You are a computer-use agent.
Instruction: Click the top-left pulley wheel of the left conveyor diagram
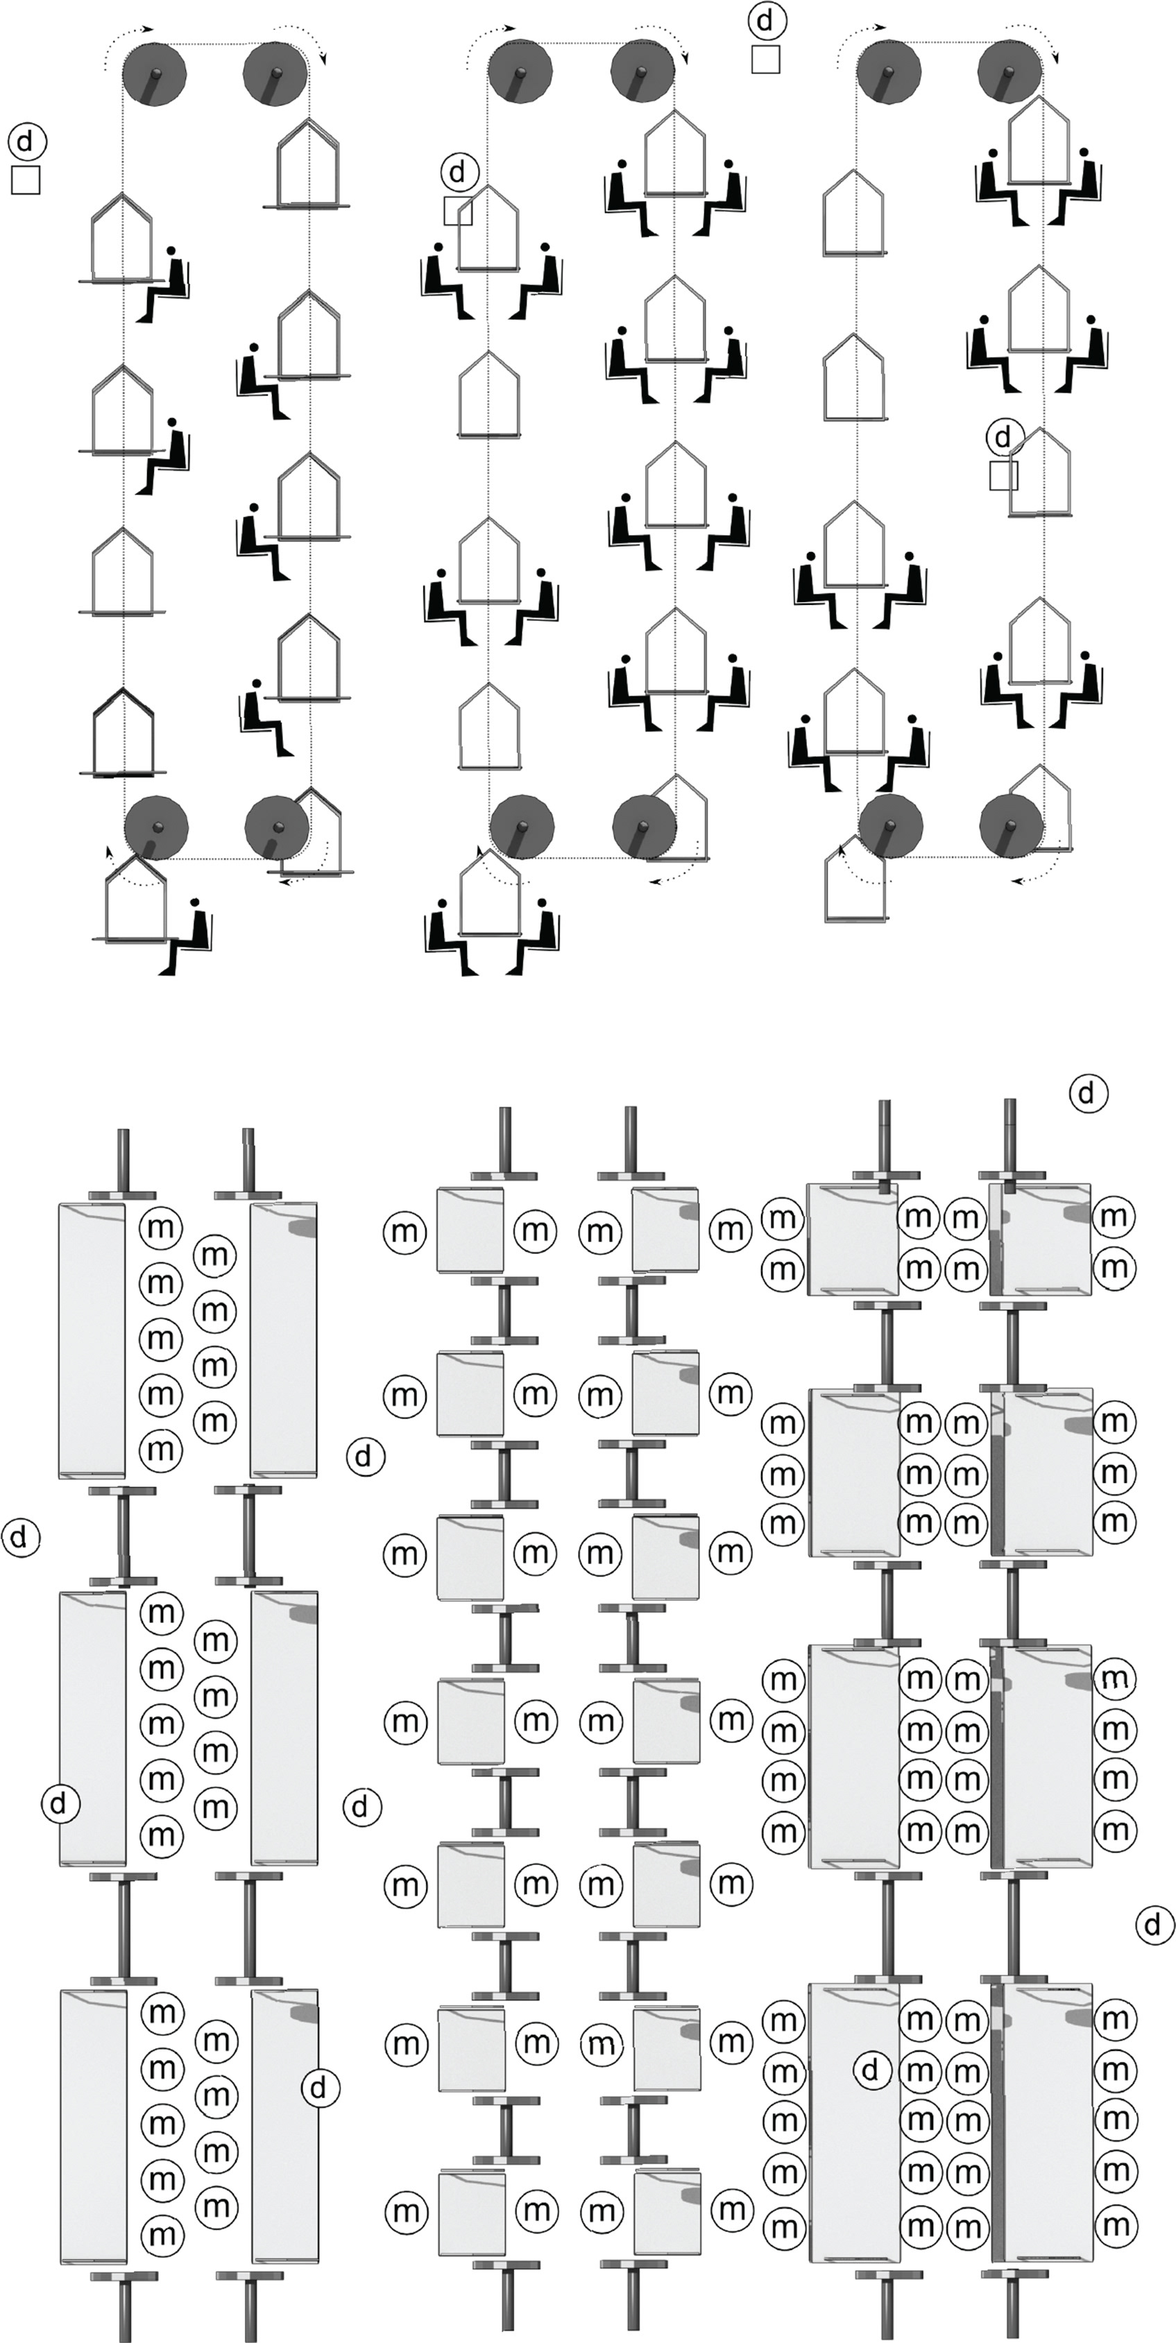click(155, 74)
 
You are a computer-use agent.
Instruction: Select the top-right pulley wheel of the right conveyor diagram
click(1010, 73)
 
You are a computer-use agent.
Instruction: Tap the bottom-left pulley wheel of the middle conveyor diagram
click(522, 827)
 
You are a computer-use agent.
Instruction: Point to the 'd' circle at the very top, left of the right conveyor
click(766, 20)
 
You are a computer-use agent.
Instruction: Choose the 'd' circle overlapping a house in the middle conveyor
click(459, 171)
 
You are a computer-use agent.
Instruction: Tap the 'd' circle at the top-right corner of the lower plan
click(1088, 1093)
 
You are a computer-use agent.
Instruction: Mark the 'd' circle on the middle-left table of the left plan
click(60, 1803)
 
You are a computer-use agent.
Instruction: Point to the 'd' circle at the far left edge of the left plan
click(22, 1537)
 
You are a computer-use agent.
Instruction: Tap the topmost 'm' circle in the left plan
click(160, 1227)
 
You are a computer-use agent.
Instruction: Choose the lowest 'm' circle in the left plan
click(162, 2235)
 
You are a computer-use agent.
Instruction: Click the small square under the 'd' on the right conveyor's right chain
click(1003, 476)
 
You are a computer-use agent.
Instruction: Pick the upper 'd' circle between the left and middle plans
click(366, 1457)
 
